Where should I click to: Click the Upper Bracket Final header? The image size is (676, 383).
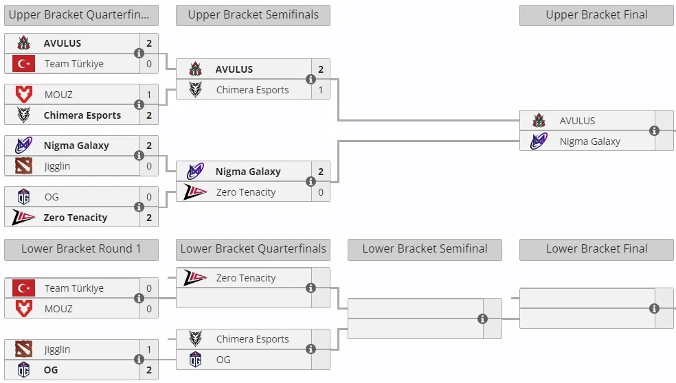[596, 15]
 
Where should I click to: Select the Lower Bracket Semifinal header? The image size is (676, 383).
[425, 249]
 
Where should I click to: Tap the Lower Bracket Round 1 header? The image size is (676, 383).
[81, 249]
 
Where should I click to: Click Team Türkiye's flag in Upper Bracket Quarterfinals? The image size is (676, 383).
[24, 64]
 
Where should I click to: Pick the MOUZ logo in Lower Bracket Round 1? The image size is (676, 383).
[24, 308]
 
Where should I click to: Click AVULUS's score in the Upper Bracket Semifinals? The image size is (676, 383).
[321, 69]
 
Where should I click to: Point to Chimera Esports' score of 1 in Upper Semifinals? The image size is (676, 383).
[321, 90]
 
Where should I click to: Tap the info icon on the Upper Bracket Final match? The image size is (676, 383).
[654, 130]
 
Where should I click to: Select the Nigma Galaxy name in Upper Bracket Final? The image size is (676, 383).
[589, 141]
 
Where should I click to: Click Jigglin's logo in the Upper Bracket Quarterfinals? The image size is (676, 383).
[24, 166]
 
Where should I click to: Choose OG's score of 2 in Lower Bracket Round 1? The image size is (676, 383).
[149, 370]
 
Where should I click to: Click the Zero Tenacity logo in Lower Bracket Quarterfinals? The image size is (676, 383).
[195, 277]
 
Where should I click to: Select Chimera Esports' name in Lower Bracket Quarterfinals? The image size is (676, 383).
[252, 339]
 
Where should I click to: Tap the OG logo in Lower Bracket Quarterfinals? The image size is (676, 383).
[195, 359]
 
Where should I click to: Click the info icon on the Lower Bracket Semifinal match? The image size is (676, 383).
[482, 318]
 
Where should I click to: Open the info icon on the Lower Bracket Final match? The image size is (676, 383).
[654, 308]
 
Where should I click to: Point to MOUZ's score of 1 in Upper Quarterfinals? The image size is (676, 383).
[149, 95]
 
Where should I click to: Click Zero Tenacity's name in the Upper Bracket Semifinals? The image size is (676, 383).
[246, 192]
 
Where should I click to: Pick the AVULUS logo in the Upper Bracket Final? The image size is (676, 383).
[539, 121]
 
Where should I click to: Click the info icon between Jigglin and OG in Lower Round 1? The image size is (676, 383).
[139, 359]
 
